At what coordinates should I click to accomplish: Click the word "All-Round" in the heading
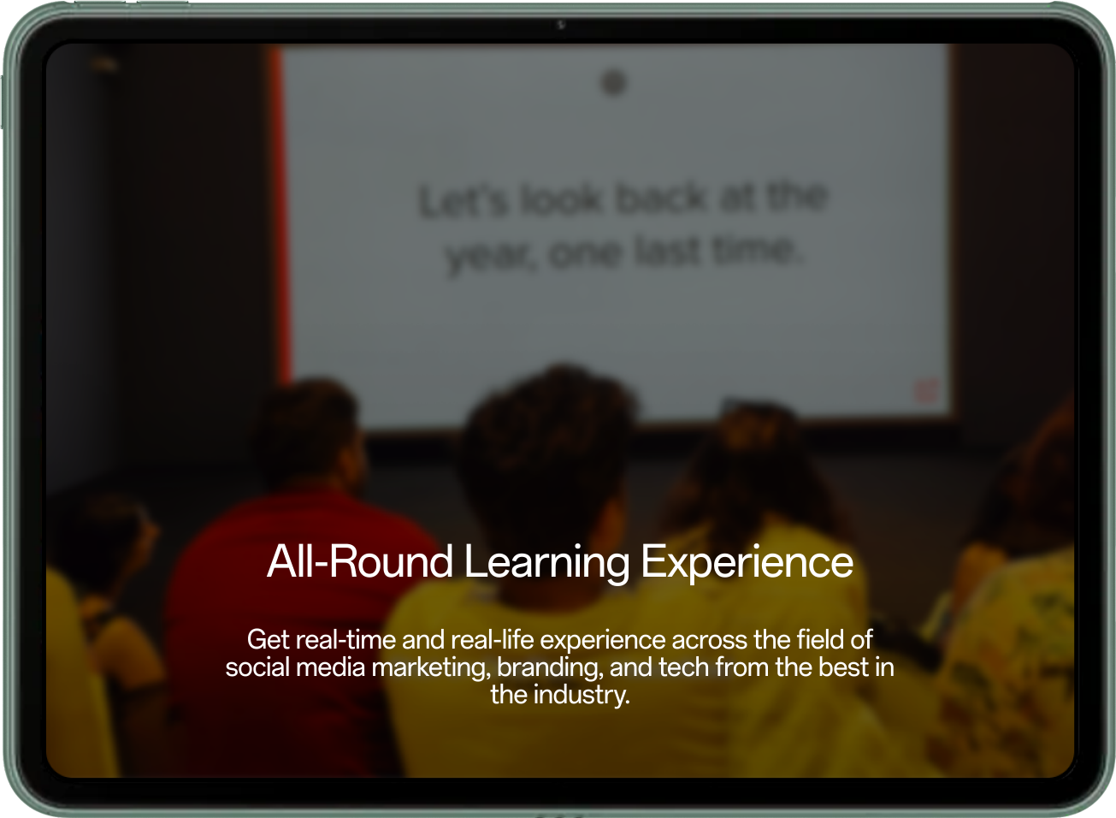pyautogui.click(x=360, y=562)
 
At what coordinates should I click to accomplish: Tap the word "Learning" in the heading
pyautogui.click(x=546, y=562)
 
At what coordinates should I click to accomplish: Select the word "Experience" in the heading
pyautogui.click(x=747, y=562)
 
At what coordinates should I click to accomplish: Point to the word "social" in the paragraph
pyautogui.click(x=258, y=667)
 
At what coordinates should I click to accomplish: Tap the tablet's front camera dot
pyautogui.click(x=561, y=25)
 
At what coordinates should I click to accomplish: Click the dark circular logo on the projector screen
pyautogui.click(x=614, y=83)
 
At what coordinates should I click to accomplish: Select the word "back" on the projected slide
pyautogui.click(x=660, y=199)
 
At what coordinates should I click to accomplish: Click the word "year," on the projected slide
pyautogui.click(x=490, y=256)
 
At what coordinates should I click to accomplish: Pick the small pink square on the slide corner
pyautogui.click(x=925, y=390)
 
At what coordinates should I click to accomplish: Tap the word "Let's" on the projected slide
pyautogui.click(x=463, y=202)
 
